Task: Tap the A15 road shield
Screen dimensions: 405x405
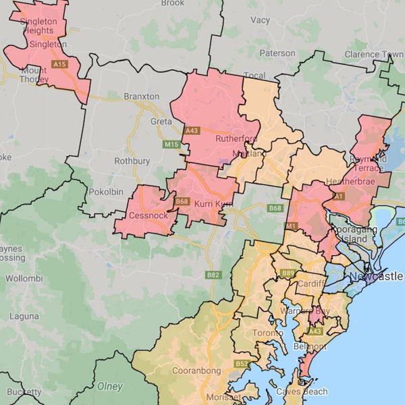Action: coord(60,64)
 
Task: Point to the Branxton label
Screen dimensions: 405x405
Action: coord(141,97)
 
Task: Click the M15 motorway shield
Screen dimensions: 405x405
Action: coord(171,144)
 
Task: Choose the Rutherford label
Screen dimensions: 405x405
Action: coord(236,139)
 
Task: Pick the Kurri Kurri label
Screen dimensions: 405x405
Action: coord(213,204)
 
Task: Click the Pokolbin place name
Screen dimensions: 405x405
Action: coord(106,192)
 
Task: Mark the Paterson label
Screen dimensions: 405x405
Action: coord(277,53)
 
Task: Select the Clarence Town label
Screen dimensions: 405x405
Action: coord(373,54)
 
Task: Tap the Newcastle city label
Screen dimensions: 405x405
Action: coord(375,277)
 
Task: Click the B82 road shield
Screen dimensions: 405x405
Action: coord(213,275)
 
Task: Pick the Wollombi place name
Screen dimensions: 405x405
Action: coord(24,278)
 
